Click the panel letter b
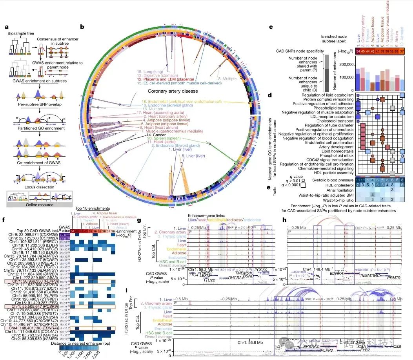click(82, 27)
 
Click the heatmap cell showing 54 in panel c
click(358, 51)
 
